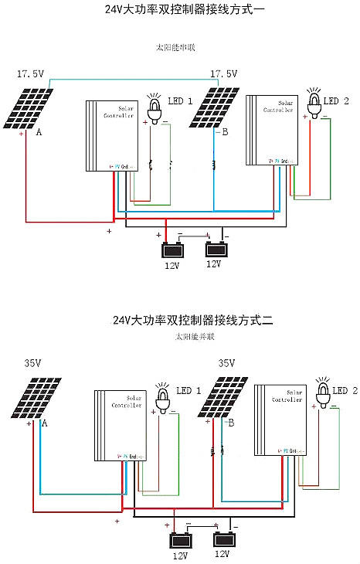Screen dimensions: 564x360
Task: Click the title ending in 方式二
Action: click(x=192, y=319)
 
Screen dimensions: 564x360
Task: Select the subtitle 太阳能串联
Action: click(x=175, y=47)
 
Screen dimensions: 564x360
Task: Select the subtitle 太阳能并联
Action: click(x=194, y=338)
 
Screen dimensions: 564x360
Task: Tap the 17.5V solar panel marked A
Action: click(x=32, y=108)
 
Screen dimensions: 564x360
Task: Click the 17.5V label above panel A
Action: click(x=31, y=74)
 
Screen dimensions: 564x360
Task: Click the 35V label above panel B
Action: click(x=227, y=362)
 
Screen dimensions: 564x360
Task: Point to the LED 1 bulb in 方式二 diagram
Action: click(x=163, y=397)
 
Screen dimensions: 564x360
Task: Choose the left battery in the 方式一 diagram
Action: click(x=172, y=250)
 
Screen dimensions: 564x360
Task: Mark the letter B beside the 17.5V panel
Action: click(x=225, y=133)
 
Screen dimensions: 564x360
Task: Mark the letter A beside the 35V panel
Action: click(x=44, y=424)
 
